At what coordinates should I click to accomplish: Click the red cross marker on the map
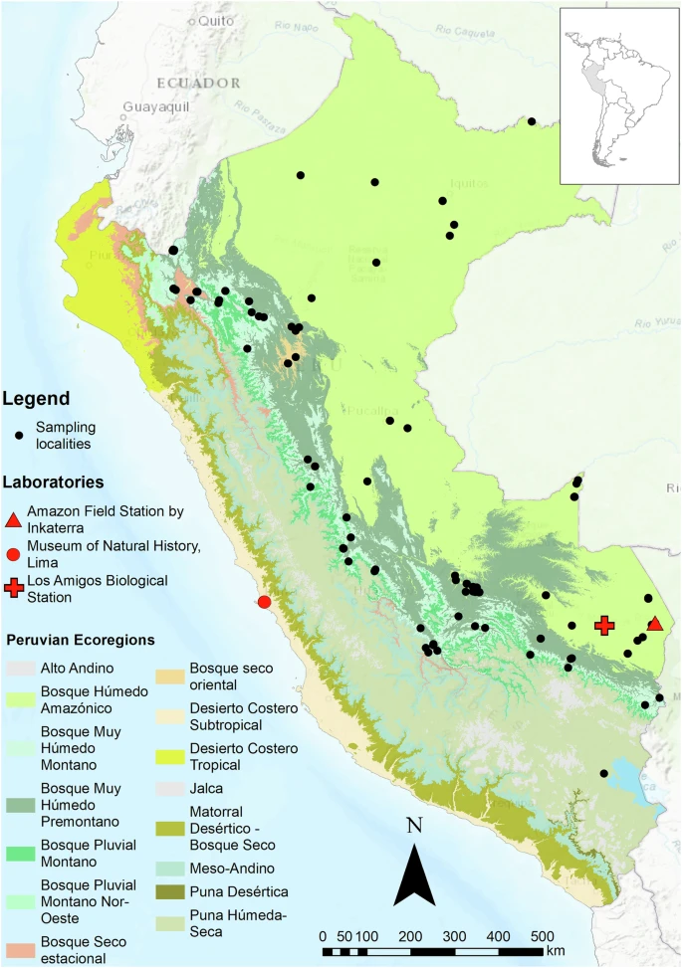tap(603, 625)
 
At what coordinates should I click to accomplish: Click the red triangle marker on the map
tap(655, 623)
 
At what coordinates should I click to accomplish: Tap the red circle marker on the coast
tap(264, 602)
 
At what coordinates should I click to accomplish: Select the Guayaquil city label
tap(156, 106)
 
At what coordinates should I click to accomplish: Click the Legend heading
tap(36, 399)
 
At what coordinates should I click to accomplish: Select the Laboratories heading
tap(53, 483)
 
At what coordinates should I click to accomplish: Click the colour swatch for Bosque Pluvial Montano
tap(21, 854)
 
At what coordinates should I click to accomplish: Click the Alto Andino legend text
tap(78, 668)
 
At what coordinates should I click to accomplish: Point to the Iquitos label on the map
tap(470, 183)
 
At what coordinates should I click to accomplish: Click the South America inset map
tap(618, 96)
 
